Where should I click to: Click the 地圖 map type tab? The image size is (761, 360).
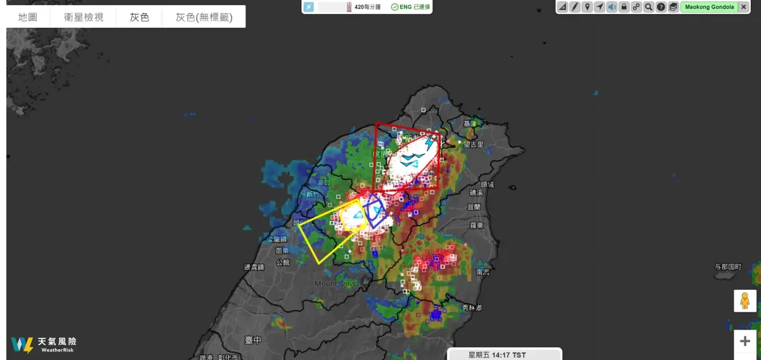28,17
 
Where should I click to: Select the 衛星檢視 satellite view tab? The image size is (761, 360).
84,17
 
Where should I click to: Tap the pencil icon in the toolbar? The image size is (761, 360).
575,7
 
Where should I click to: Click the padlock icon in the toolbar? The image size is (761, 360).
624,7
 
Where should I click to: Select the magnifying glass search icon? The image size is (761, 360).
649,7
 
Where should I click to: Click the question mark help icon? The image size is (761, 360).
661,7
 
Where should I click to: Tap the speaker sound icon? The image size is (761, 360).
611,7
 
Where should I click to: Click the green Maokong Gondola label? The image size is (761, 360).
709,7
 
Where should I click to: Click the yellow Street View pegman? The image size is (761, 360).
745,300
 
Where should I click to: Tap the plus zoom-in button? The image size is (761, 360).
745,341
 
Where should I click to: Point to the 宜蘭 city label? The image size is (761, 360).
474,207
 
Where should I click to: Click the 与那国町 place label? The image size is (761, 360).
727,267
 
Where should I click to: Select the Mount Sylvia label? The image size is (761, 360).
336,283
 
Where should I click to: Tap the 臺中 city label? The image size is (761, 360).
253,340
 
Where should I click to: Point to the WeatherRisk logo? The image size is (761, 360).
43,345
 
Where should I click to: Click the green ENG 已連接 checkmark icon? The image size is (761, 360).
394,7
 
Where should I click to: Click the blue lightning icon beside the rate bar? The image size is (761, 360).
309,7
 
